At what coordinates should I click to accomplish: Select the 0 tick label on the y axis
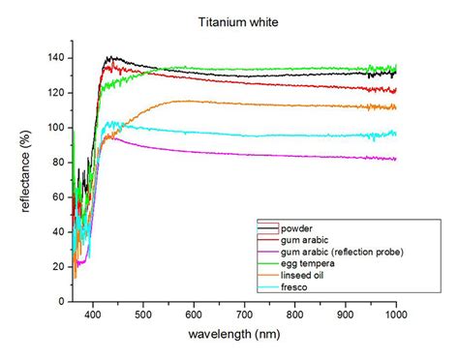[x=63, y=301]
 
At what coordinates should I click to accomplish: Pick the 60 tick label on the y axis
[x=59, y=197]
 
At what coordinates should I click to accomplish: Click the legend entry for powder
[x=296, y=228]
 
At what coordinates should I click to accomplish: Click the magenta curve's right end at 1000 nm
[x=395, y=159]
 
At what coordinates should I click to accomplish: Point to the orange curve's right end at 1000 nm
[x=395, y=107]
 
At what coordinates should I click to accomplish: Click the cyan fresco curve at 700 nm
[x=244, y=135]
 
